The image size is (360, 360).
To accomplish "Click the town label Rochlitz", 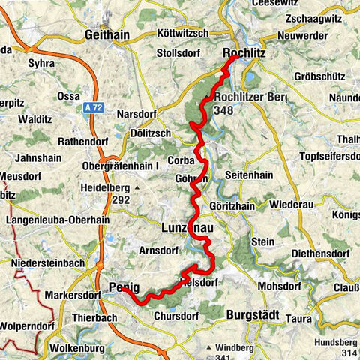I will tap(244, 53).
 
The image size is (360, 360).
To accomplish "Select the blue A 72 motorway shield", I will tap(91, 109).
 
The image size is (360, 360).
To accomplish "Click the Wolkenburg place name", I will tap(76, 349).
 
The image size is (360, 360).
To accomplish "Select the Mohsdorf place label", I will tap(279, 286).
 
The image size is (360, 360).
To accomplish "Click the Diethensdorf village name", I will tap(322, 253).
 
